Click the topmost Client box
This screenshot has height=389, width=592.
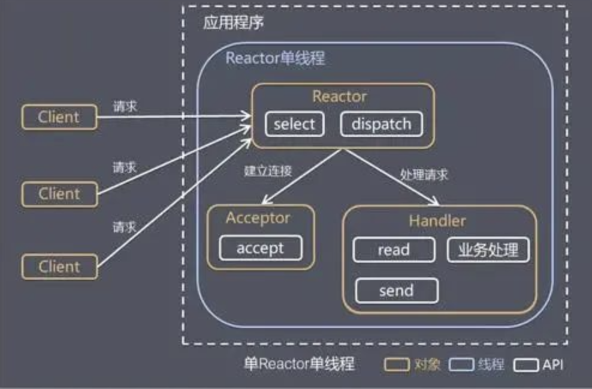coord(59,117)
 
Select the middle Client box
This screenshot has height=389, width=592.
coord(59,194)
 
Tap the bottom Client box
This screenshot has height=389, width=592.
coord(59,266)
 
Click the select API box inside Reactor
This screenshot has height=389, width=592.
coord(294,124)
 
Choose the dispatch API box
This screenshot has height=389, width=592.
coord(381,124)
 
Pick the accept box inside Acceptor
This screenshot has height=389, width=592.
coord(260,248)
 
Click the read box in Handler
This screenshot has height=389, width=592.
coord(394,250)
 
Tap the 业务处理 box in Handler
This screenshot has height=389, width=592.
coord(488,250)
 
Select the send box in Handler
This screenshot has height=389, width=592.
coord(396,291)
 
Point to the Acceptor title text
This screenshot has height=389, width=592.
coord(258,217)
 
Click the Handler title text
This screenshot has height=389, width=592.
coord(437,221)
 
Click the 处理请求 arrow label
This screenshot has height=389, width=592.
coord(424,175)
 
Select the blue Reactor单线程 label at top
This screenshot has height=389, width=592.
coord(275,58)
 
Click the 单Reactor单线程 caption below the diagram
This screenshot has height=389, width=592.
coord(299,364)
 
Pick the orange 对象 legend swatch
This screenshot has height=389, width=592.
coord(396,364)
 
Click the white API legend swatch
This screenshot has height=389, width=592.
coord(525,364)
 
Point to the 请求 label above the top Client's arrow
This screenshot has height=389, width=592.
coord(125,106)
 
